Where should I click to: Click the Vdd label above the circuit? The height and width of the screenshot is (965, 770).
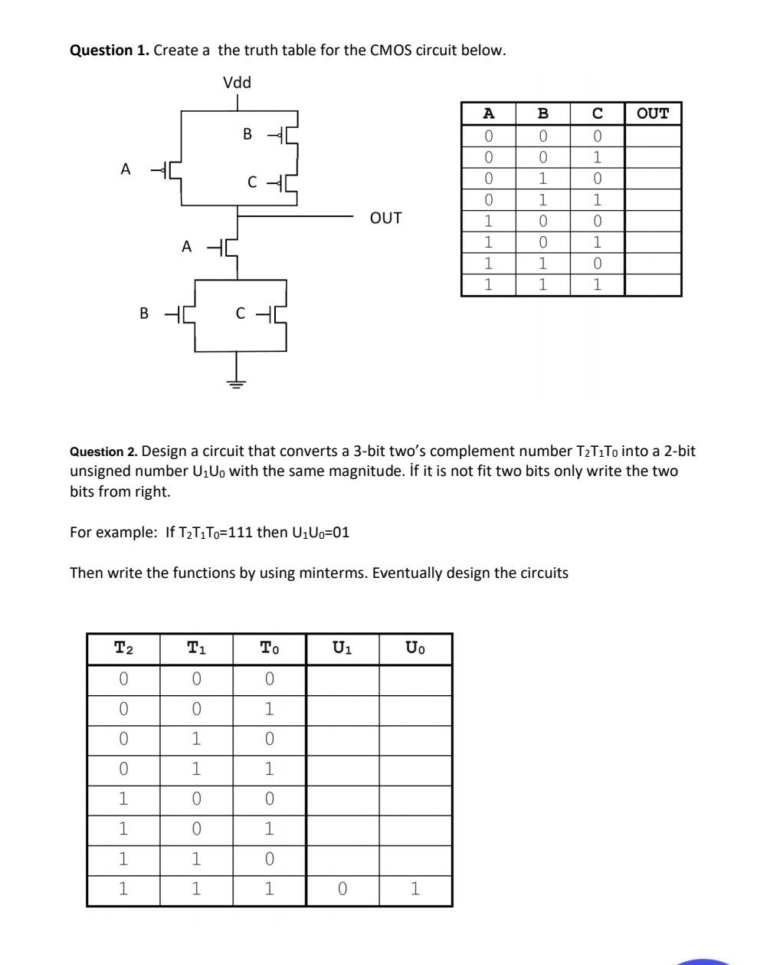(x=237, y=83)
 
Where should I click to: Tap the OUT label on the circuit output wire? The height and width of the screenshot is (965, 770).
(x=385, y=218)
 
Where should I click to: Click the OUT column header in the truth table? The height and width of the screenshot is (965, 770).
(x=653, y=114)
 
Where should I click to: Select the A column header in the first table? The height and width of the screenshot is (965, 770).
(x=488, y=114)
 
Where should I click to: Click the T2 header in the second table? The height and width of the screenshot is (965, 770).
(x=123, y=649)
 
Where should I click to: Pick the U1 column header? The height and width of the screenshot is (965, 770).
(x=342, y=649)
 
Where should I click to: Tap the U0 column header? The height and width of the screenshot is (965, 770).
(x=415, y=649)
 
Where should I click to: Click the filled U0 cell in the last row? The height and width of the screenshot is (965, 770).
(x=415, y=889)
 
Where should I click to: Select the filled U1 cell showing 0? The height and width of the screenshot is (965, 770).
(x=342, y=889)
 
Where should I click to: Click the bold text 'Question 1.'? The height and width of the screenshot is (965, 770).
(x=110, y=51)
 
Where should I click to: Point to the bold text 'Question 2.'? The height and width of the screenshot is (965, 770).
(x=104, y=452)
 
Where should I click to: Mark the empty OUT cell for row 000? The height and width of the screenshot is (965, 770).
(x=653, y=136)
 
